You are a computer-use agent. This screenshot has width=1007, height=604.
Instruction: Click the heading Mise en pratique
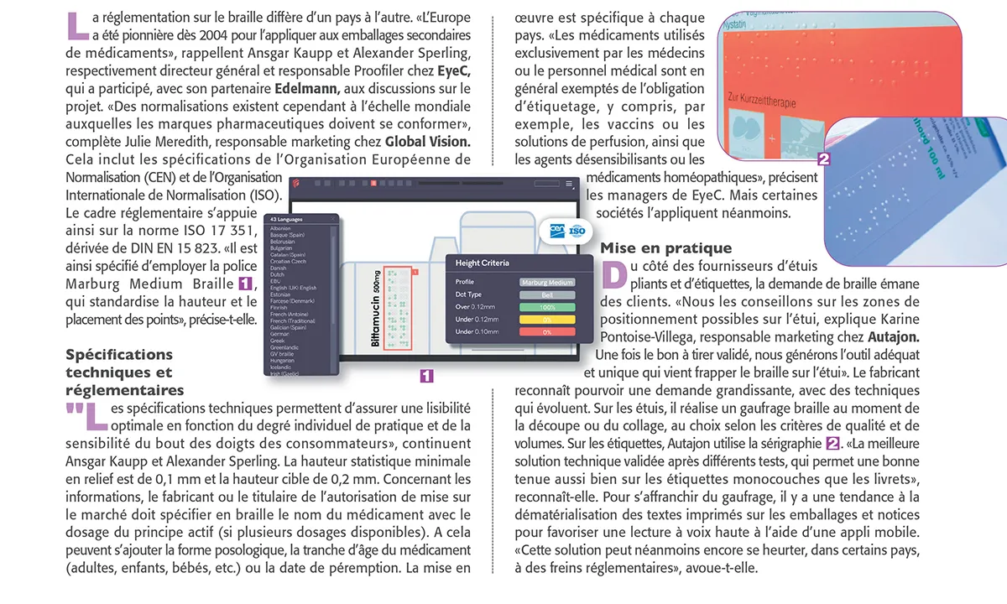(x=665, y=248)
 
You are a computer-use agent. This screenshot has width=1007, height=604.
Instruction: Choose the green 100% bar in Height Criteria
(x=547, y=307)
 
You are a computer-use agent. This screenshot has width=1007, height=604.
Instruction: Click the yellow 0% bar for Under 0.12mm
(x=547, y=320)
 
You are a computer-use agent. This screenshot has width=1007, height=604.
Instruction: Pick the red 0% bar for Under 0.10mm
(x=547, y=332)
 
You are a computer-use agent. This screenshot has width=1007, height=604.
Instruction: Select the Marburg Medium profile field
(x=547, y=282)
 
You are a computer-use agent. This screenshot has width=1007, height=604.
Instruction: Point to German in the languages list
(x=279, y=333)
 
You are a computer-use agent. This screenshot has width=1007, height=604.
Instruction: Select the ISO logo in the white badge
(x=577, y=229)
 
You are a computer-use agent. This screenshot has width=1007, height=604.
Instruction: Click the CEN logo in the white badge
(x=556, y=229)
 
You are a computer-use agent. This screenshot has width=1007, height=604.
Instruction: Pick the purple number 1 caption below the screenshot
(x=426, y=376)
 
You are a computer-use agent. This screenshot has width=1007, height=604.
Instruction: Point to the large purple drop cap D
(x=614, y=273)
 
